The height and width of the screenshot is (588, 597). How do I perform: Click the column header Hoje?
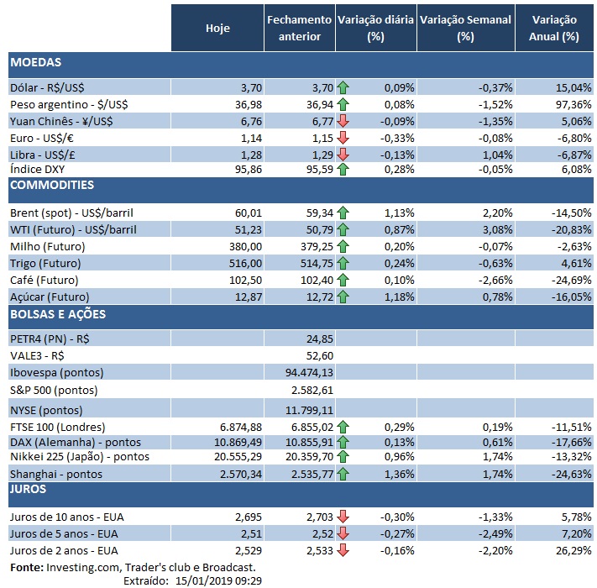click(217, 28)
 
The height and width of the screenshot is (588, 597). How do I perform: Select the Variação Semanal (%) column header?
click(465, 28)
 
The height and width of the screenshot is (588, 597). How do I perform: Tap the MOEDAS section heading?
click(35, 62)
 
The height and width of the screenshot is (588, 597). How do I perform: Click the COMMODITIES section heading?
click(51, 185)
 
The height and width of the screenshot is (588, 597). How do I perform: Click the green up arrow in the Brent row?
click(343, 213)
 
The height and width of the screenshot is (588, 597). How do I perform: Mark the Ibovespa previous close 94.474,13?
click(310, 372)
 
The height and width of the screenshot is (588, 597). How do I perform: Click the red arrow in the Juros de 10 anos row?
click(343, 516)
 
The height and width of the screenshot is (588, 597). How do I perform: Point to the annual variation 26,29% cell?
click(574, 549)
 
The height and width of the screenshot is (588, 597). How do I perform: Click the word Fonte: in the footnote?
click(24, 567)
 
